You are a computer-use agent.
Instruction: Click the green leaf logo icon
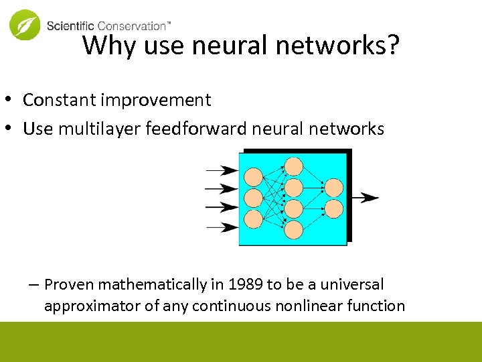25,25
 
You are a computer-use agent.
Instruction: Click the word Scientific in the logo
71,26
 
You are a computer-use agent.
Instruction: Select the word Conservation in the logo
131,26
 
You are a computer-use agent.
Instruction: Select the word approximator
86,306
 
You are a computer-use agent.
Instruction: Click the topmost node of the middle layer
293,166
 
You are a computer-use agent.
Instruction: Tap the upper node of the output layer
333,188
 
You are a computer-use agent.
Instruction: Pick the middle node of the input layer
253,198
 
